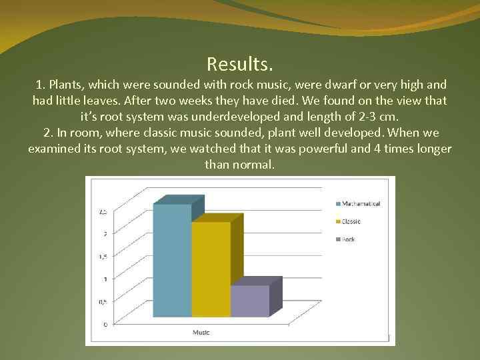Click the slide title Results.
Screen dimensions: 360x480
click(x=239, y=65)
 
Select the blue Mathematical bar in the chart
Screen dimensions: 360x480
click(x=172, y=260)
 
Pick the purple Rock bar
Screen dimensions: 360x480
click(x=249, y=301)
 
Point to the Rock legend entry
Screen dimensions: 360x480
click(x=349, y=239)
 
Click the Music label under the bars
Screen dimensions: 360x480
click(x=201, y=331)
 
